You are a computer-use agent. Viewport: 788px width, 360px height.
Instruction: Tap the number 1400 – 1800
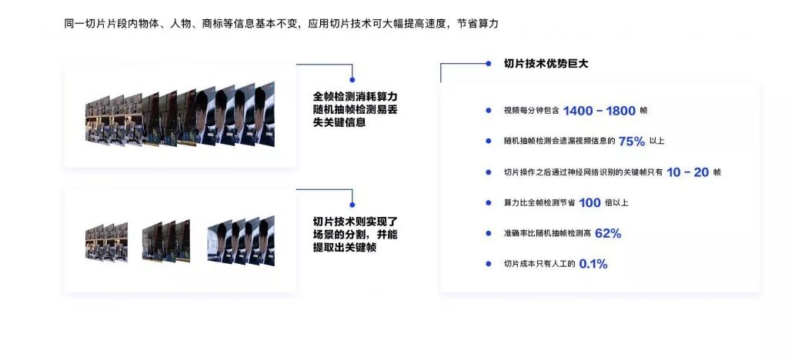pos(599,111)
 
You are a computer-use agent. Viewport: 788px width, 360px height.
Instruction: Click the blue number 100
pos(589,202)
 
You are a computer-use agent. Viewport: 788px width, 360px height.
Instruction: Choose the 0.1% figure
pos(593,264)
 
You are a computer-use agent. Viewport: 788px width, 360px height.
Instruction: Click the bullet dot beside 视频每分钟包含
pos(488,111)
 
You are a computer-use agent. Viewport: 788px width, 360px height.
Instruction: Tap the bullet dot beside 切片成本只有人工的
pos(488,264)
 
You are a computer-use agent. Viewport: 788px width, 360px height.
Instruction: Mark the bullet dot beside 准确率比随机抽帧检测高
pos(488,233)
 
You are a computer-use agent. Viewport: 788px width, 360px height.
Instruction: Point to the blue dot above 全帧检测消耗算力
pos(352,78)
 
